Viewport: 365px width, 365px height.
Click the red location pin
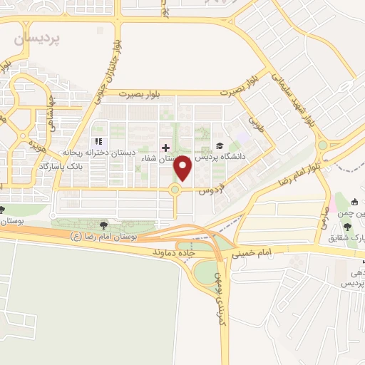(183, 168)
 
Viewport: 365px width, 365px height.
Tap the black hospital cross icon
(165, 148)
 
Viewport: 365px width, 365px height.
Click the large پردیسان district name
(38, 38)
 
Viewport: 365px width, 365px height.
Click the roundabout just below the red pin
(175, 189)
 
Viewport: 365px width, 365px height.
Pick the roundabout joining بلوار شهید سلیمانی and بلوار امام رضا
(322, 145)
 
